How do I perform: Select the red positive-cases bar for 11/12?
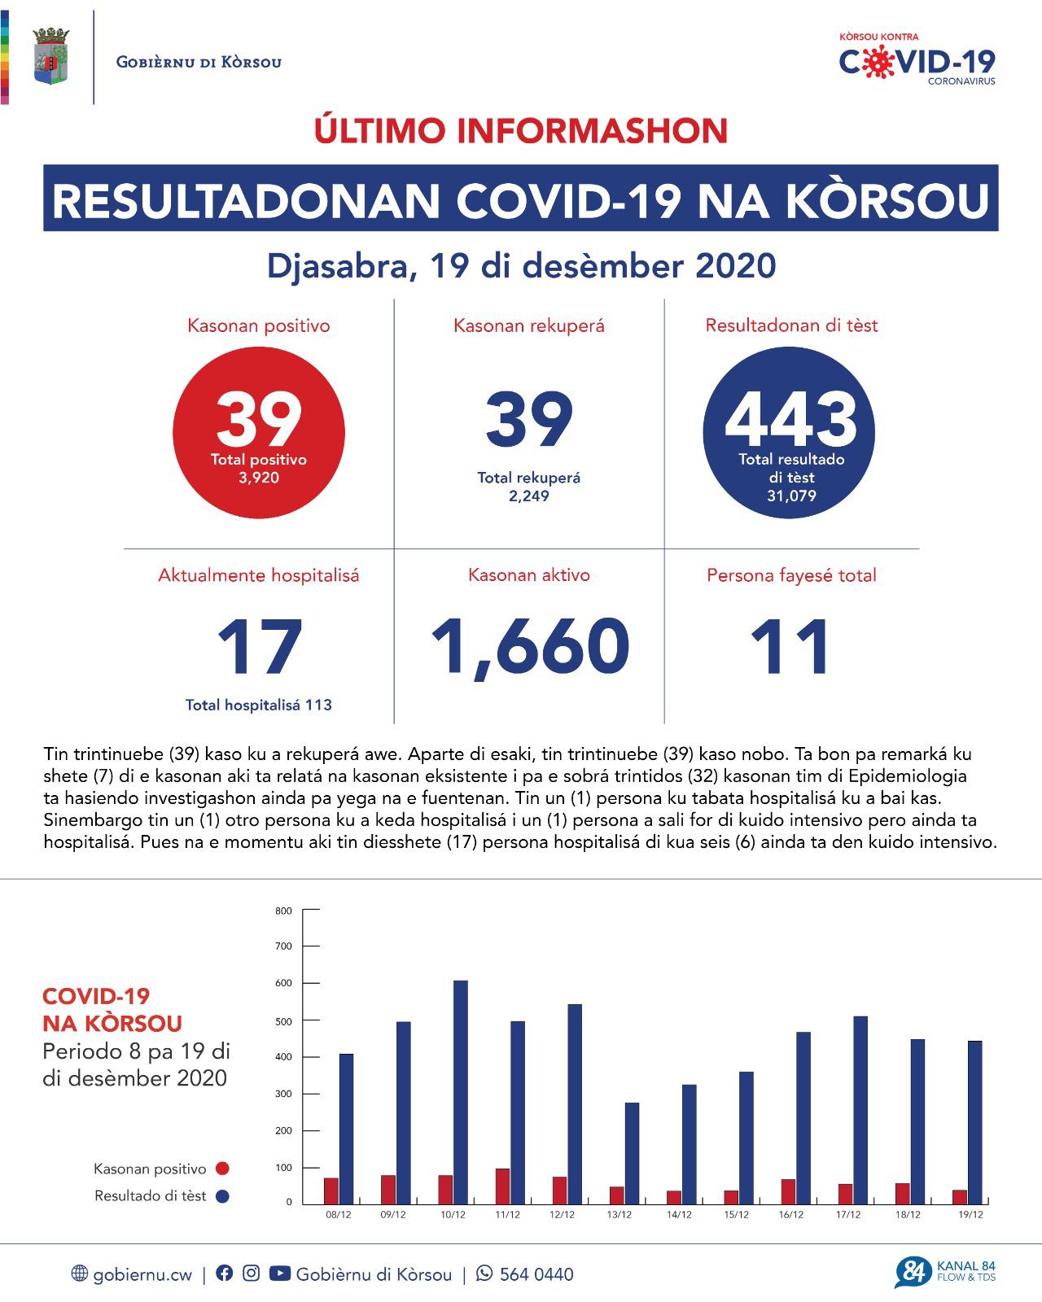(x=502, y=1186)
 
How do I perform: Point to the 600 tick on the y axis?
(x=284, y=983)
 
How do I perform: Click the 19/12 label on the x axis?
(x=970, y=1215)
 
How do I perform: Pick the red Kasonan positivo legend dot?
(x=222, y=1169)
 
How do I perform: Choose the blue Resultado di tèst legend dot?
(x=222, y=1196)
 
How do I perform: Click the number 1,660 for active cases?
(x=529, y=647)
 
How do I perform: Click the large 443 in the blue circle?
(x=790, y=420)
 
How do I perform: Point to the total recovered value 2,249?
(x=529, y=496)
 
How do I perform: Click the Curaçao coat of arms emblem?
(x=50, y=57)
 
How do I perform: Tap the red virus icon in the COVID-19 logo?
(x=876, y=63)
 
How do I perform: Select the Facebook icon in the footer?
(x=225, y=1274)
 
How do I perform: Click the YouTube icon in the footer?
(x=279, y=1274)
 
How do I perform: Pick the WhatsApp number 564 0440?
(x=536, y=1274)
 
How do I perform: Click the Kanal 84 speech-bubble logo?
(x=911, y=1273)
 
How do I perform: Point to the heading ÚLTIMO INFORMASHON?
(x=521, y=131)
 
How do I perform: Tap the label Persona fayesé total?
(x=791, y=575)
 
